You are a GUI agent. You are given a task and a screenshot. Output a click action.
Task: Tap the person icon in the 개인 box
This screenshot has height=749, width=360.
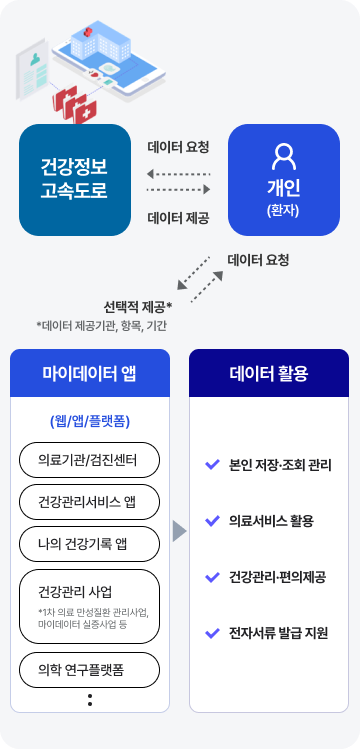(284, 156)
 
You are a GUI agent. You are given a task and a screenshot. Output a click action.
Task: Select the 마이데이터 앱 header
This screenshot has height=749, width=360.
(90, 374)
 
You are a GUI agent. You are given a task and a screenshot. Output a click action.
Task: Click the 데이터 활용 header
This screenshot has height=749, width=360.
(269, 374)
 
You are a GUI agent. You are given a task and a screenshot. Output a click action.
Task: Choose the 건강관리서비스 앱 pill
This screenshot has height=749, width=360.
(90, 502)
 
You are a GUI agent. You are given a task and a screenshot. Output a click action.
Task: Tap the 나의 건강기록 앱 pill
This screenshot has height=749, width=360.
(90, 544)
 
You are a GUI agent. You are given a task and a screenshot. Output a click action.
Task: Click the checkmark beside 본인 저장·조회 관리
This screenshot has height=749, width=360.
(211, 464)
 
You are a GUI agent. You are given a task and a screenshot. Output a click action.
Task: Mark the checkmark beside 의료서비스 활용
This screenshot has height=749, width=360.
(211, 520)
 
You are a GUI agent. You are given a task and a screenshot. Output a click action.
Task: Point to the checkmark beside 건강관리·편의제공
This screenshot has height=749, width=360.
(211, 577)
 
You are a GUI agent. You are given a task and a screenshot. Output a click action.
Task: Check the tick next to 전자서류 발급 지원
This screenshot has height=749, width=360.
(211, 633)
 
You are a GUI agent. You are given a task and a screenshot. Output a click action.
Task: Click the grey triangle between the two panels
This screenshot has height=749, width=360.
(179, 530)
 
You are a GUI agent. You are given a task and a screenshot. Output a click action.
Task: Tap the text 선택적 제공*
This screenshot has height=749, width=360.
(138, 306)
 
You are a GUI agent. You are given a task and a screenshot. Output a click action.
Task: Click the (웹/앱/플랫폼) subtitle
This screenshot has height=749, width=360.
(90, 420)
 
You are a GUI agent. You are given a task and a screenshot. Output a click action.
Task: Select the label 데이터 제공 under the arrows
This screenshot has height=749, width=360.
(178, 217)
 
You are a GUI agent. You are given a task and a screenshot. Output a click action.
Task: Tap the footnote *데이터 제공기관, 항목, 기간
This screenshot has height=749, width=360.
(103, 325)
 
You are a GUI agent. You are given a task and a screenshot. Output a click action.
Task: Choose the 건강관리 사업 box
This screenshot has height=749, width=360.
(90, 601)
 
